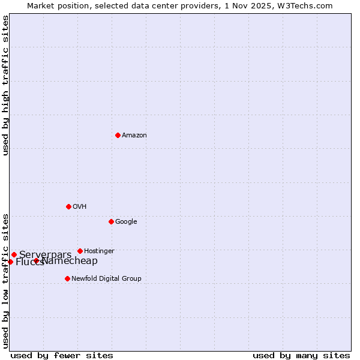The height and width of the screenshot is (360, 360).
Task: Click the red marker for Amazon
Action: pyautogui.click(x=118, y=135)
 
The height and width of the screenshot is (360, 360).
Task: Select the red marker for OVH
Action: pyautogui.click(x=68, y=206)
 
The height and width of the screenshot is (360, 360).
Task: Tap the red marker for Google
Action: pyautogui.click(x=111, y=221)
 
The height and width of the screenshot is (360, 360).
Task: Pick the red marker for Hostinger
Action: pyautogui.click(x=80, y=251)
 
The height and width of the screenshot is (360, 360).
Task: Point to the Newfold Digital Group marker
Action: pyautogui.click(x=67, y=278)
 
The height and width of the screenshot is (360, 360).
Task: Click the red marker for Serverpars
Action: pyautogui.click(x=14, y=254)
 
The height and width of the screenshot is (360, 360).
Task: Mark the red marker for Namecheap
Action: pyautogui.click(x=37, y=260)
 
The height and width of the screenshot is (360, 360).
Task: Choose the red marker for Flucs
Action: pyautogui.click(x=10, y=262)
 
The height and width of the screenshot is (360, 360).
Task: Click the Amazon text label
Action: pyautogui.click(x=134, y=136)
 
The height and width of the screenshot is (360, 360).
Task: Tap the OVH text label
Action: pyautogui.click(x=80, y=207)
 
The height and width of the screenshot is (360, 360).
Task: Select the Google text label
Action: pyautogui.click(x=126, y=222)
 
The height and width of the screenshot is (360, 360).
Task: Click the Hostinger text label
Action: pyautogui.click(x=99, y=251)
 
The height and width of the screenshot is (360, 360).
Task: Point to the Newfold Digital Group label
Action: pyautogui.click(x=106, y=279)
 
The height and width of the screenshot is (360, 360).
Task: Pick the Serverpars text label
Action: pyautogui.click(x=46, y=254)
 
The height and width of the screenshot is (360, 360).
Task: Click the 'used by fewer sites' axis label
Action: pyautogui.click(x=62, y=355)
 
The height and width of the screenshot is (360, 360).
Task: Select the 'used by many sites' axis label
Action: pyautogui.click(x=301, y=355)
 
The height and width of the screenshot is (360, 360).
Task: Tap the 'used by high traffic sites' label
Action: pyautogui.click(x=5, y=85)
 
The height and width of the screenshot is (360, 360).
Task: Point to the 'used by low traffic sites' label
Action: pyautogui.click(x=5, y=280)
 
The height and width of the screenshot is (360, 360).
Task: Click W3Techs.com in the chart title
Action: pyautogui.click(x=308, y=5)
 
